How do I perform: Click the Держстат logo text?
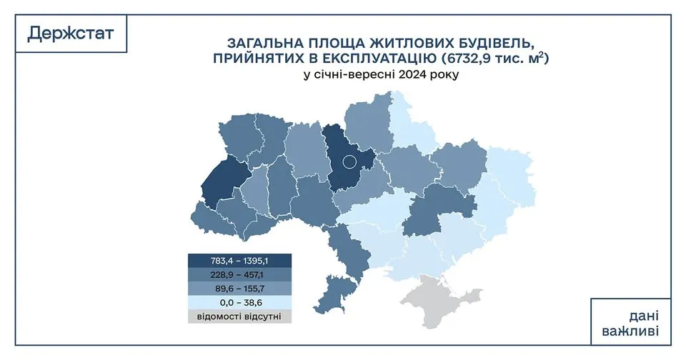tap(70, 33)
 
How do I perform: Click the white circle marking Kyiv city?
tap(349, 161)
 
